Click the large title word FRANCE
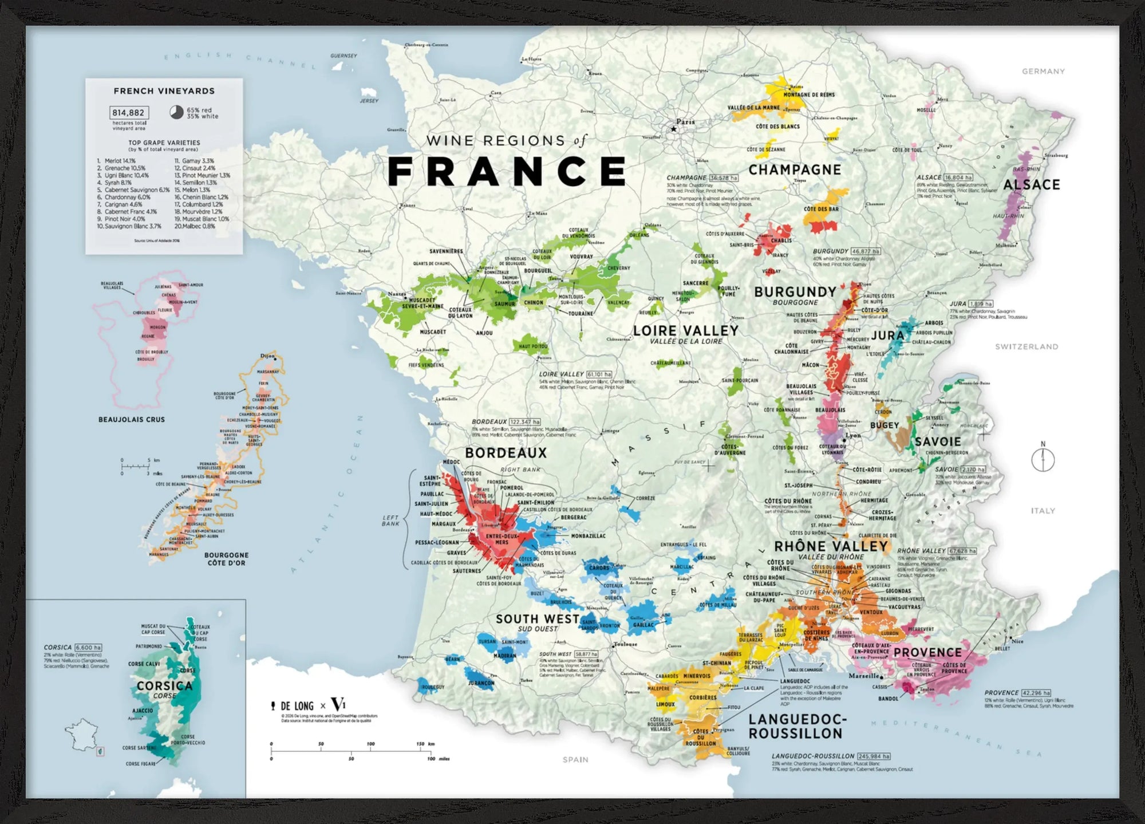[507, 171]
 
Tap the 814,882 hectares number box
[129, 113]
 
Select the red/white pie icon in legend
[176, 112]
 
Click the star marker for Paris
[674, 129]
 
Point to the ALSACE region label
[1031, 185]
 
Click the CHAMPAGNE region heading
[795, 170]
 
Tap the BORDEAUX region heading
[506, 453]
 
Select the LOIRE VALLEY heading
[685, 330]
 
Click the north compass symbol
[1043, 459]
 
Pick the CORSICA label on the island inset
[164, 685]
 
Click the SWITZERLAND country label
[1026, 346]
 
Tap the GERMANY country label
[1043, 72]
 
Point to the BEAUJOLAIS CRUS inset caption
[131, 420]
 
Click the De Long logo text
[297, 706]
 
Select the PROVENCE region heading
[927, 653]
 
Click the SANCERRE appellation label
[695, 283]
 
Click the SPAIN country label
[575, 759]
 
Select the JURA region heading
[887, 336]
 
